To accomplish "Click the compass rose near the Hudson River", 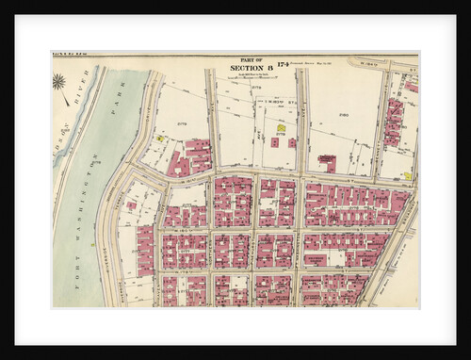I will pos(59,83).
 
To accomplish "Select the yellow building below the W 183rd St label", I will pos(281,126).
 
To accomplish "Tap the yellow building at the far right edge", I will pos(407,174).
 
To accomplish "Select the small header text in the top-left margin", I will pos(71,57).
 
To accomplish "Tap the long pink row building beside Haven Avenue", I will pos(145,250).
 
